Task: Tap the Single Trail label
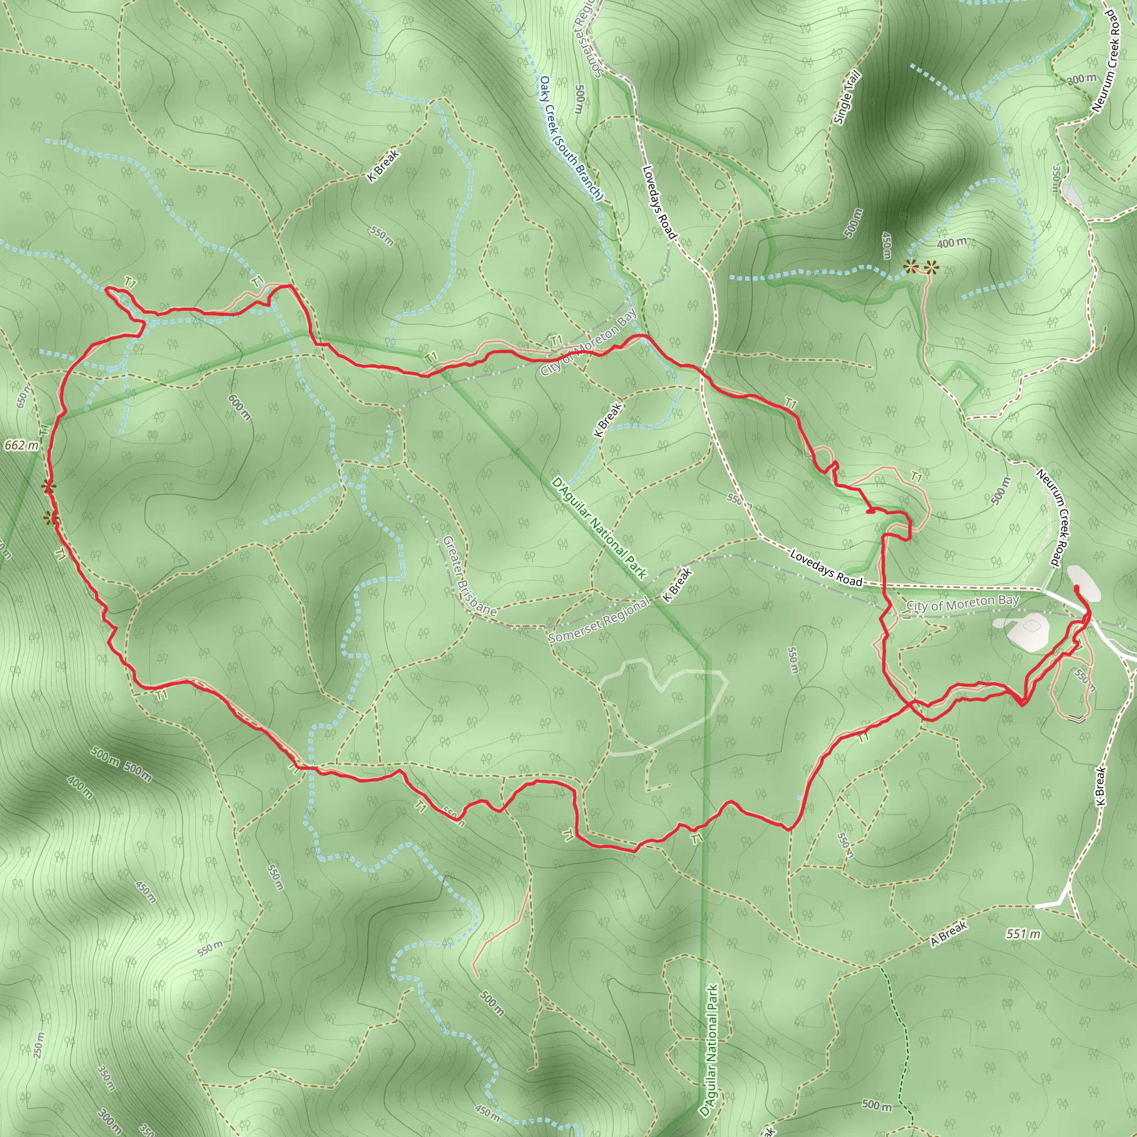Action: tap(847, 98)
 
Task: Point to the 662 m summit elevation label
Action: tap(21, 445)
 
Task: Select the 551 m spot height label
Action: tap(1023, 934)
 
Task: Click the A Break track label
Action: tap(949, 933)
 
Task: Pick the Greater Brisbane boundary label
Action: tap(469, 576)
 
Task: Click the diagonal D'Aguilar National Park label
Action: tap(598, 528)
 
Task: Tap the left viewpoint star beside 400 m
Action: tap(911, 267)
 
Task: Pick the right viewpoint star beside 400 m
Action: tap(931, 268)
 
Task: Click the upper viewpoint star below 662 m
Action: tap(48, 486)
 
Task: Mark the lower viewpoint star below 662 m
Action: tap(52, 519)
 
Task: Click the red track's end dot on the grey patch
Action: tap(1076, 588)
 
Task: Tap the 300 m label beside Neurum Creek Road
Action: tap(1081, 79)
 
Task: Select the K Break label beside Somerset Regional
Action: tap(677, 585)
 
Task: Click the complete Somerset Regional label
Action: tap(598, 620)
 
